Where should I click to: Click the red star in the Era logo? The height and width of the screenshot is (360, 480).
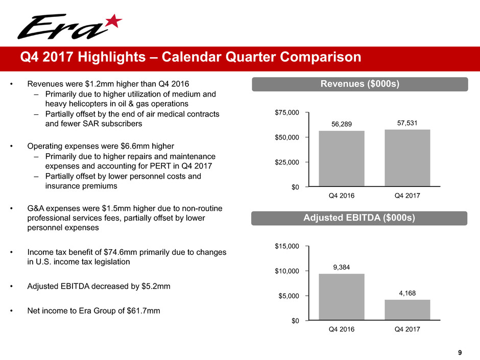(114, 21)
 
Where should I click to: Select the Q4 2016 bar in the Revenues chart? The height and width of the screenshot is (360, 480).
(342, 158)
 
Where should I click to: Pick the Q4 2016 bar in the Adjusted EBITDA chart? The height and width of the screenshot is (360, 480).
(342, 297)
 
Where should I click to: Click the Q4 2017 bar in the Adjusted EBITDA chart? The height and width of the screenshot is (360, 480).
(407, 309)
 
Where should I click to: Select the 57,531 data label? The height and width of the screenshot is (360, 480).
(407, 123)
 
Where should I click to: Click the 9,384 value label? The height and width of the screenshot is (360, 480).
(342, 267)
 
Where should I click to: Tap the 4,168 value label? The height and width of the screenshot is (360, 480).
(407, 293)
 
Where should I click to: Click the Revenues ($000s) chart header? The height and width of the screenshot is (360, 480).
(360, 83)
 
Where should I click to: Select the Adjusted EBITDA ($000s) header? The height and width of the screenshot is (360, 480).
(360, 218)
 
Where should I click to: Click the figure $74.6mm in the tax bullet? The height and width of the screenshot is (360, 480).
(124, 253)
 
